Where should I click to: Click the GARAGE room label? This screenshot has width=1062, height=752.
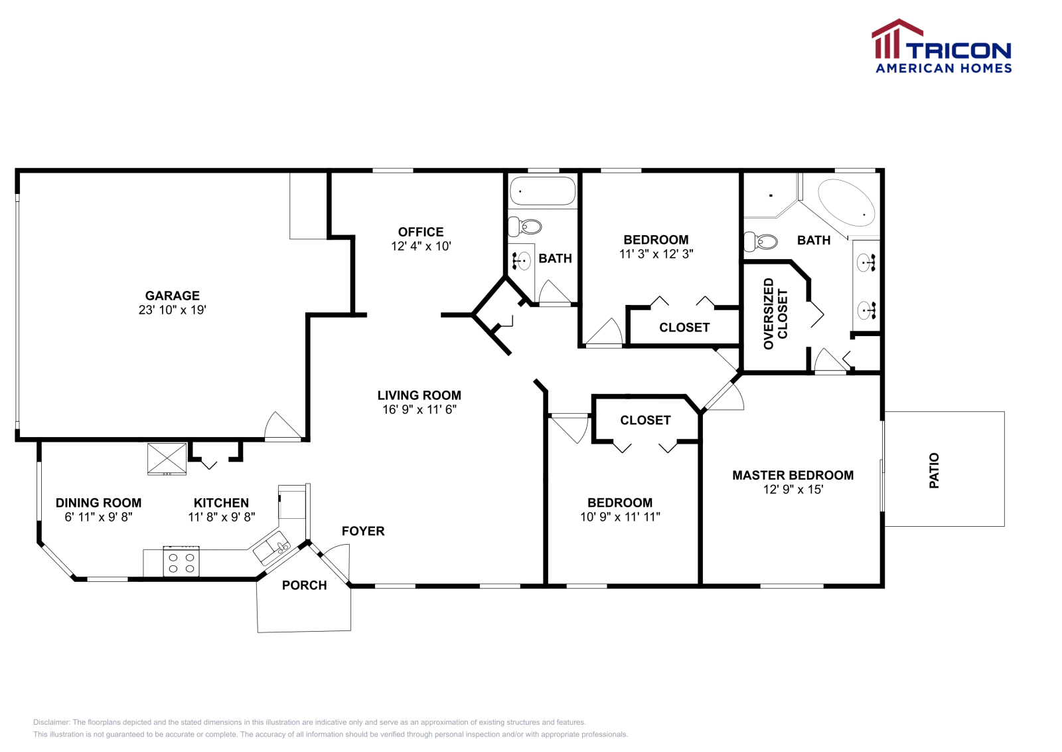(172, 296)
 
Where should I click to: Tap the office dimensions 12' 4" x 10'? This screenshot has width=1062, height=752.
(421, 246)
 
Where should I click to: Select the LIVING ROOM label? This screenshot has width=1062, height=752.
(419, 395)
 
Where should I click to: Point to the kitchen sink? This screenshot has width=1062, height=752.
(271, 549)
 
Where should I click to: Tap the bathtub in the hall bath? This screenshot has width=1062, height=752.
(542, 191)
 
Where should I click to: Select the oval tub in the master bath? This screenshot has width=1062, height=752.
(846, 203)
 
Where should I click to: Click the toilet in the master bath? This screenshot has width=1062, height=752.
(761, 241)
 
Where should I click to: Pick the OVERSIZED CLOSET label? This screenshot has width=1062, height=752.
(775, 314)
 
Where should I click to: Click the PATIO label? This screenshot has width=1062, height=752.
(934, 470)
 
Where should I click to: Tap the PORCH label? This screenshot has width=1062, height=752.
(304, 585)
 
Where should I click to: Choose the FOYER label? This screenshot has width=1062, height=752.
(363, 531)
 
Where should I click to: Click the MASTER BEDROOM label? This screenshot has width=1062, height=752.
(793, 475)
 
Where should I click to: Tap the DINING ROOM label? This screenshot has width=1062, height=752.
(98, 503)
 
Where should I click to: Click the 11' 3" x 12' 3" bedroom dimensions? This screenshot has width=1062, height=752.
(656, 254)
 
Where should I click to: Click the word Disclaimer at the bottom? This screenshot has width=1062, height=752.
(51, 722)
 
